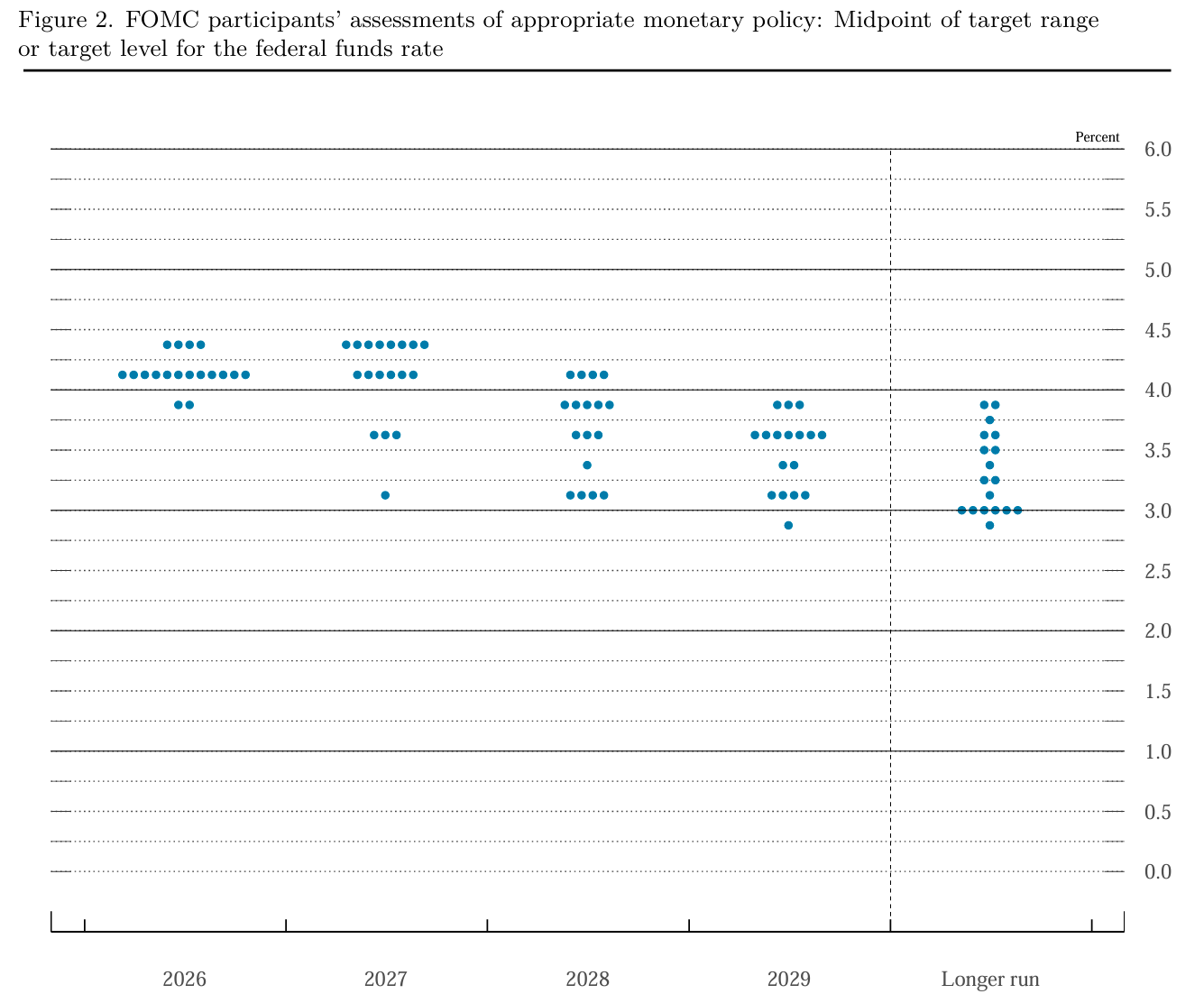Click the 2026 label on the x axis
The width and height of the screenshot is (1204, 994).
pyautogui.click(x=184, y=979)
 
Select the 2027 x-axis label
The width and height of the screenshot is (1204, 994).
pyautogui.click(x=385, y=979)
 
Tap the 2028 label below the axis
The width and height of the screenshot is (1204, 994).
pyautogui.click(x=587, y=979)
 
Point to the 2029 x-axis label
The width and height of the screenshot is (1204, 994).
pyautogui.click(x=788, y=979)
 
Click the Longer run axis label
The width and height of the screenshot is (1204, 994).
pyautogui.click(x=990, y=979)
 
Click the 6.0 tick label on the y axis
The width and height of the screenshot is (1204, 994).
pyautogui.click(x=1158, y=150)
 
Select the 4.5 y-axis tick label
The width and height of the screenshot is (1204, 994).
pyautogui.click(x=1158, y=330)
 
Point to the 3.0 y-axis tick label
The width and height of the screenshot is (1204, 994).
pyautogui.click(x=1158, y=511)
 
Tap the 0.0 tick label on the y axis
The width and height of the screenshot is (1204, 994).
pyautogui.click(x=1158, y=871)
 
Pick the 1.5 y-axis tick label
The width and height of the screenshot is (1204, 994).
pyautogui.click(x=1158, y=691)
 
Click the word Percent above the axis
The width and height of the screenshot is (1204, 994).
pyautogui.click(x=1097, y=137)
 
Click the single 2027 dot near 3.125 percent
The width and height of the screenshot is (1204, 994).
pyautogui.click(x=385, y=495)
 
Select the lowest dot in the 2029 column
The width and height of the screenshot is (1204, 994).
pyautogui.click(x=788, y=526)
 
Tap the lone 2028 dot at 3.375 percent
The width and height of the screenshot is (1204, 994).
pyautogui.click(x=587, y=465)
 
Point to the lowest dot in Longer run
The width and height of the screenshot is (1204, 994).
pyautogui.click(x=989, y=526)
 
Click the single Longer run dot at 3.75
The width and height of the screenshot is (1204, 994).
pyautogui.click(x=989, y=420)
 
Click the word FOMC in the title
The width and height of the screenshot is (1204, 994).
pyautogui.click(x=162, y=20)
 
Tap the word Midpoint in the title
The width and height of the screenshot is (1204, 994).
pyautogui.click(x=882, y=21)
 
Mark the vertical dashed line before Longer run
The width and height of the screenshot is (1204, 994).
pyautogui.click(x=890, y=539)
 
